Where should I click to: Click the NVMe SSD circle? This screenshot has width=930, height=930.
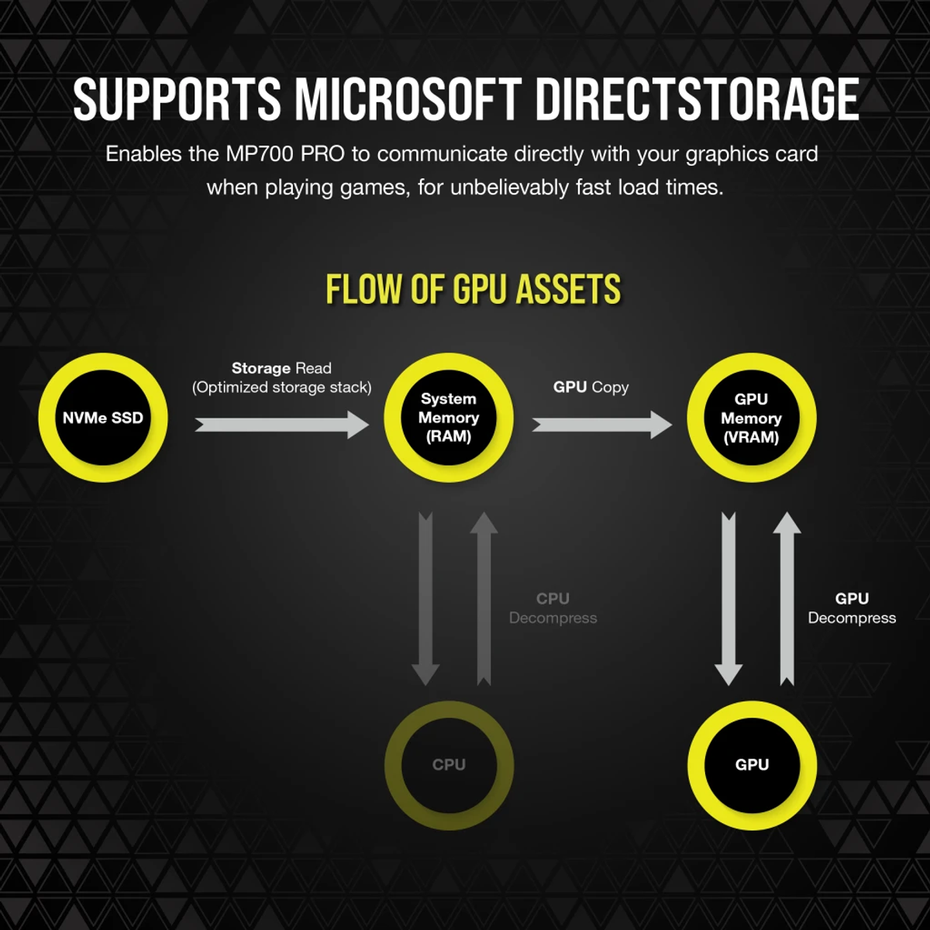click(x=103, y=418)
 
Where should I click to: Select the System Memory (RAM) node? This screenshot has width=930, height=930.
click(x=449, y=418)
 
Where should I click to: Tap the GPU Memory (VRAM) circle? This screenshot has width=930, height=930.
click(x=751, y=418)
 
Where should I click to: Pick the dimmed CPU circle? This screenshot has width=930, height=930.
click(x=449, y=765)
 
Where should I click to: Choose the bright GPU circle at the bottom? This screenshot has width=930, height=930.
click(x=752, y=765)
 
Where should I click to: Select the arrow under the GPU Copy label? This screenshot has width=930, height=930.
click(x=601, y=425)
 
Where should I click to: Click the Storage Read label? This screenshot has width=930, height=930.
click(x=281, y=368)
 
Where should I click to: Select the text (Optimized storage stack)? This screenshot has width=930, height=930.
click(x=281, y=387)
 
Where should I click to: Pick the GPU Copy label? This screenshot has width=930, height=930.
click(x=591, y=387)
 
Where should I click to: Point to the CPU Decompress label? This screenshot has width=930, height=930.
click(x=553, y=608)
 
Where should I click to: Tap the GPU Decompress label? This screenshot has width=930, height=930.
click(x=852, y=608)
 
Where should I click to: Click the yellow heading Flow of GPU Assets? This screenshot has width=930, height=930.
click(x=473, y=290)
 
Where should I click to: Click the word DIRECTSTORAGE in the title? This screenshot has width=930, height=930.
click(x=696, y=99)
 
